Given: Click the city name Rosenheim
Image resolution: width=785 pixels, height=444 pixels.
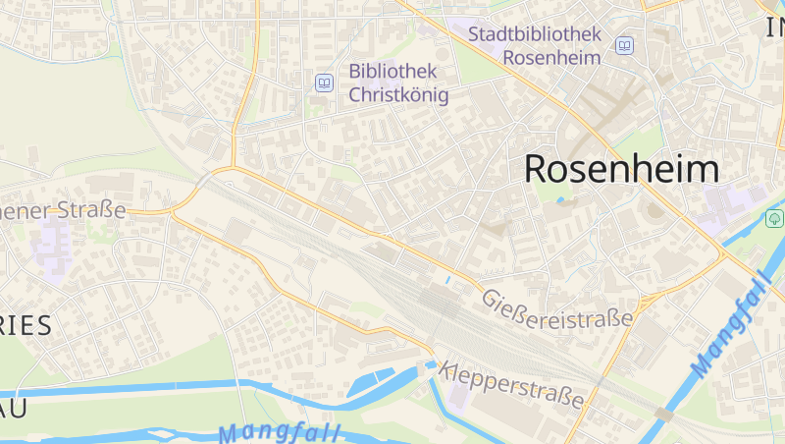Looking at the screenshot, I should [x=621, y=169].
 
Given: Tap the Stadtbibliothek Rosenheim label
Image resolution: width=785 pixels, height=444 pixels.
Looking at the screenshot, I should [x=534, y=45].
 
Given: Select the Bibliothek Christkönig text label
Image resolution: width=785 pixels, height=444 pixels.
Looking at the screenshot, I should [x=398, y=83].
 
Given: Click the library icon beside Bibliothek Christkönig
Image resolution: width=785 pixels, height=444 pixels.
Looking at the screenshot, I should [x=323, y=83].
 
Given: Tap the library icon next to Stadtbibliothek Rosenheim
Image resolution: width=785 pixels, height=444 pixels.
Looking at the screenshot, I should [x=624, y=45].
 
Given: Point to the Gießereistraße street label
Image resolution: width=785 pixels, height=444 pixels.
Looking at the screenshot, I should [x=556, y=306].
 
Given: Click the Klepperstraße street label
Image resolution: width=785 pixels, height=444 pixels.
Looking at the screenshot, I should [x=512, y=385].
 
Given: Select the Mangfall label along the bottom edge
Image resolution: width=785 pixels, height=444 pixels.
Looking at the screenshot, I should [x=279, y=432].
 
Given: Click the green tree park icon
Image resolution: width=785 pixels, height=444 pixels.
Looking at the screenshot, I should [x=774, y=218].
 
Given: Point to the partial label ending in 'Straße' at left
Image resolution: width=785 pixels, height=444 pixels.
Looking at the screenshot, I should [x=64, y=209].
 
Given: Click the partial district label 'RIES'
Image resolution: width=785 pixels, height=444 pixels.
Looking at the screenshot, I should [x=26, y=326].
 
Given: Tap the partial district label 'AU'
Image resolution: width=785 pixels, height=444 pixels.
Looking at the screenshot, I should [x=9, y=407].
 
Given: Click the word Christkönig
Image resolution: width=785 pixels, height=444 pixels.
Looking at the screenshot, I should [x=398, y=95].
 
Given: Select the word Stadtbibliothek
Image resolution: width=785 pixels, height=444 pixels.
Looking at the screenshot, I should [x=534, y=33].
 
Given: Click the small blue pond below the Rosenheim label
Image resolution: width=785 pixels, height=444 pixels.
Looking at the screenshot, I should [x=560, y=201].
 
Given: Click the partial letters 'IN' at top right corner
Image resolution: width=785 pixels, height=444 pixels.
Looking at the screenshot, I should [x=774, y=28].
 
